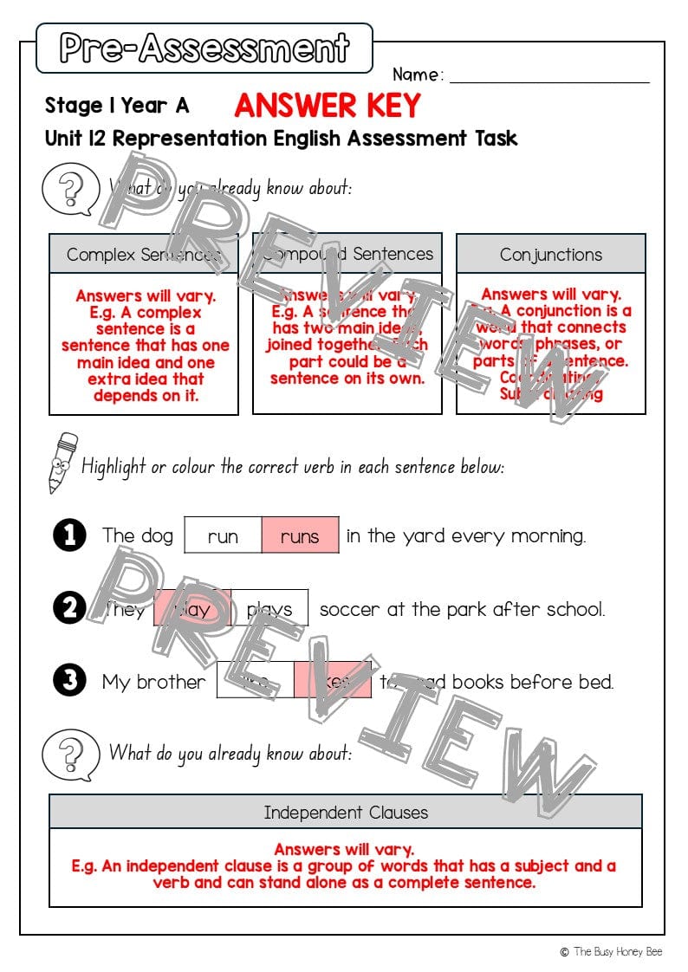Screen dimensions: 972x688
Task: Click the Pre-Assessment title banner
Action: (204, 49)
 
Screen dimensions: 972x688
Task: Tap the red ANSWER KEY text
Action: (327, 106)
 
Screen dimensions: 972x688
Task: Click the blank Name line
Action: (549, 75)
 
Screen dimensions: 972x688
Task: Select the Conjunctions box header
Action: (550, 255)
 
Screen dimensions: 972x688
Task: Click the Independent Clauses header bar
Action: (345, 813)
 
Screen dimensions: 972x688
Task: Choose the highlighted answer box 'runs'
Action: (300, 536)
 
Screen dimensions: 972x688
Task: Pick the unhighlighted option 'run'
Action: (223, 536)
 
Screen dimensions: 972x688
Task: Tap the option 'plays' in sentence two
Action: (269, 609)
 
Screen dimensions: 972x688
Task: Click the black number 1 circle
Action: (69, 535)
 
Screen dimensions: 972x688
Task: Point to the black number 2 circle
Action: (69, 608)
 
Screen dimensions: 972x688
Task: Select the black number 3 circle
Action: (69, 681)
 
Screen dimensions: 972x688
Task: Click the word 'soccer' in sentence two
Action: (349, 609)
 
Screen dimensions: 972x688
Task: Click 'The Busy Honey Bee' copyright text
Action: (617, 951)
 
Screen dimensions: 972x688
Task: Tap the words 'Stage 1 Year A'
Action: (116, 106)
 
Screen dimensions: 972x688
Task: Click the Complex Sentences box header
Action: (143, 255)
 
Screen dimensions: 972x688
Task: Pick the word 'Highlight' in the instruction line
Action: (114, 467)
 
